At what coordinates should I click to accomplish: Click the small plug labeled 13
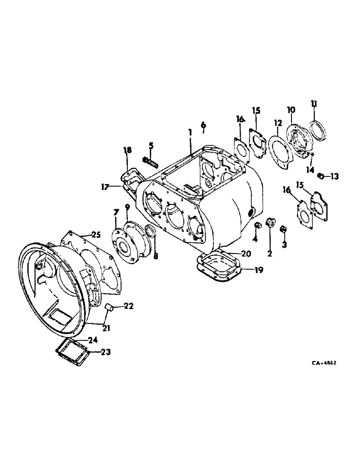pos(321,176)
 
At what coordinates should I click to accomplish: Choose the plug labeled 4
pos(256,226)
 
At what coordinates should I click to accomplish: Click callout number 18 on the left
pos(127,150)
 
